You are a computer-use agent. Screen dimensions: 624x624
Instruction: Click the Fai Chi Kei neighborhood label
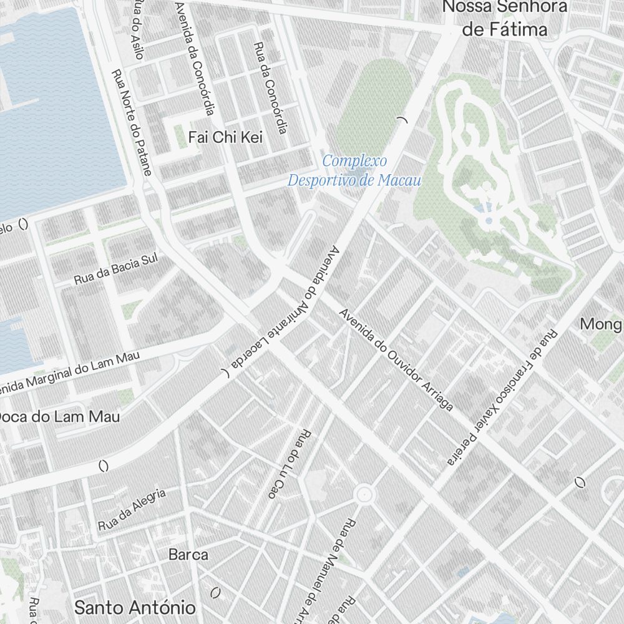pos(225,137)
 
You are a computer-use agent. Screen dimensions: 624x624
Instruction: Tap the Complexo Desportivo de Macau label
pos(354,171)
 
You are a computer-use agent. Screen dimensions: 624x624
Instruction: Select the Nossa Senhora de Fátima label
pos(504,18)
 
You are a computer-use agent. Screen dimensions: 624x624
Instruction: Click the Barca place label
pos(188,554)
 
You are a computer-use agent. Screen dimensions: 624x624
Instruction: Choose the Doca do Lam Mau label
pos(59,417)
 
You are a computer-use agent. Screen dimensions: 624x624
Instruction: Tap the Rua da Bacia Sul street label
pos(116,269)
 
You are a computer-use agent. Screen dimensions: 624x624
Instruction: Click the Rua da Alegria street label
pos(132,510)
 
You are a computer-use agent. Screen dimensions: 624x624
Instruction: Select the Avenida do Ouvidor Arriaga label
pos(396,360)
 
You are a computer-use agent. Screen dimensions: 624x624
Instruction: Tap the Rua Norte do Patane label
pos(132,122)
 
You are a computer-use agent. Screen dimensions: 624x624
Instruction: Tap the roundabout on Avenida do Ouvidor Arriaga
pos(364,495)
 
